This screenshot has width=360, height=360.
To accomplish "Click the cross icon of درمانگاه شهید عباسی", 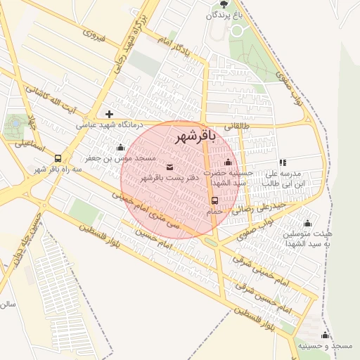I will pos(109,114).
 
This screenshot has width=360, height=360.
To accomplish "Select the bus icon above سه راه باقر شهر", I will pos(57,158).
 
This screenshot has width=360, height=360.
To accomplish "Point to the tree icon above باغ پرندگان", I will pos(224,4).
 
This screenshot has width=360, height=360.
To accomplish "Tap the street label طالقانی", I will pos(236,127).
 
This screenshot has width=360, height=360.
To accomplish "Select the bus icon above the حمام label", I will pos(214,200).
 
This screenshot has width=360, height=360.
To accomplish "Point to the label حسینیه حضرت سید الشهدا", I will pos(228,177).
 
